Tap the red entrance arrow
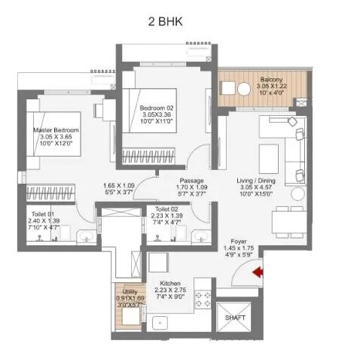pyautogui.click(x=258, y=272)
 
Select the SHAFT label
pyautogui.click(x=236, y=318)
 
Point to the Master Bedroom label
pyautogui.click(x=56, y=130)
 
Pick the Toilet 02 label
pyautogui.click(x=166, y=208)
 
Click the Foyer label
pyautogui.click(x=244, y=241)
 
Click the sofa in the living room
pyautogui.click(x=290, y=147)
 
